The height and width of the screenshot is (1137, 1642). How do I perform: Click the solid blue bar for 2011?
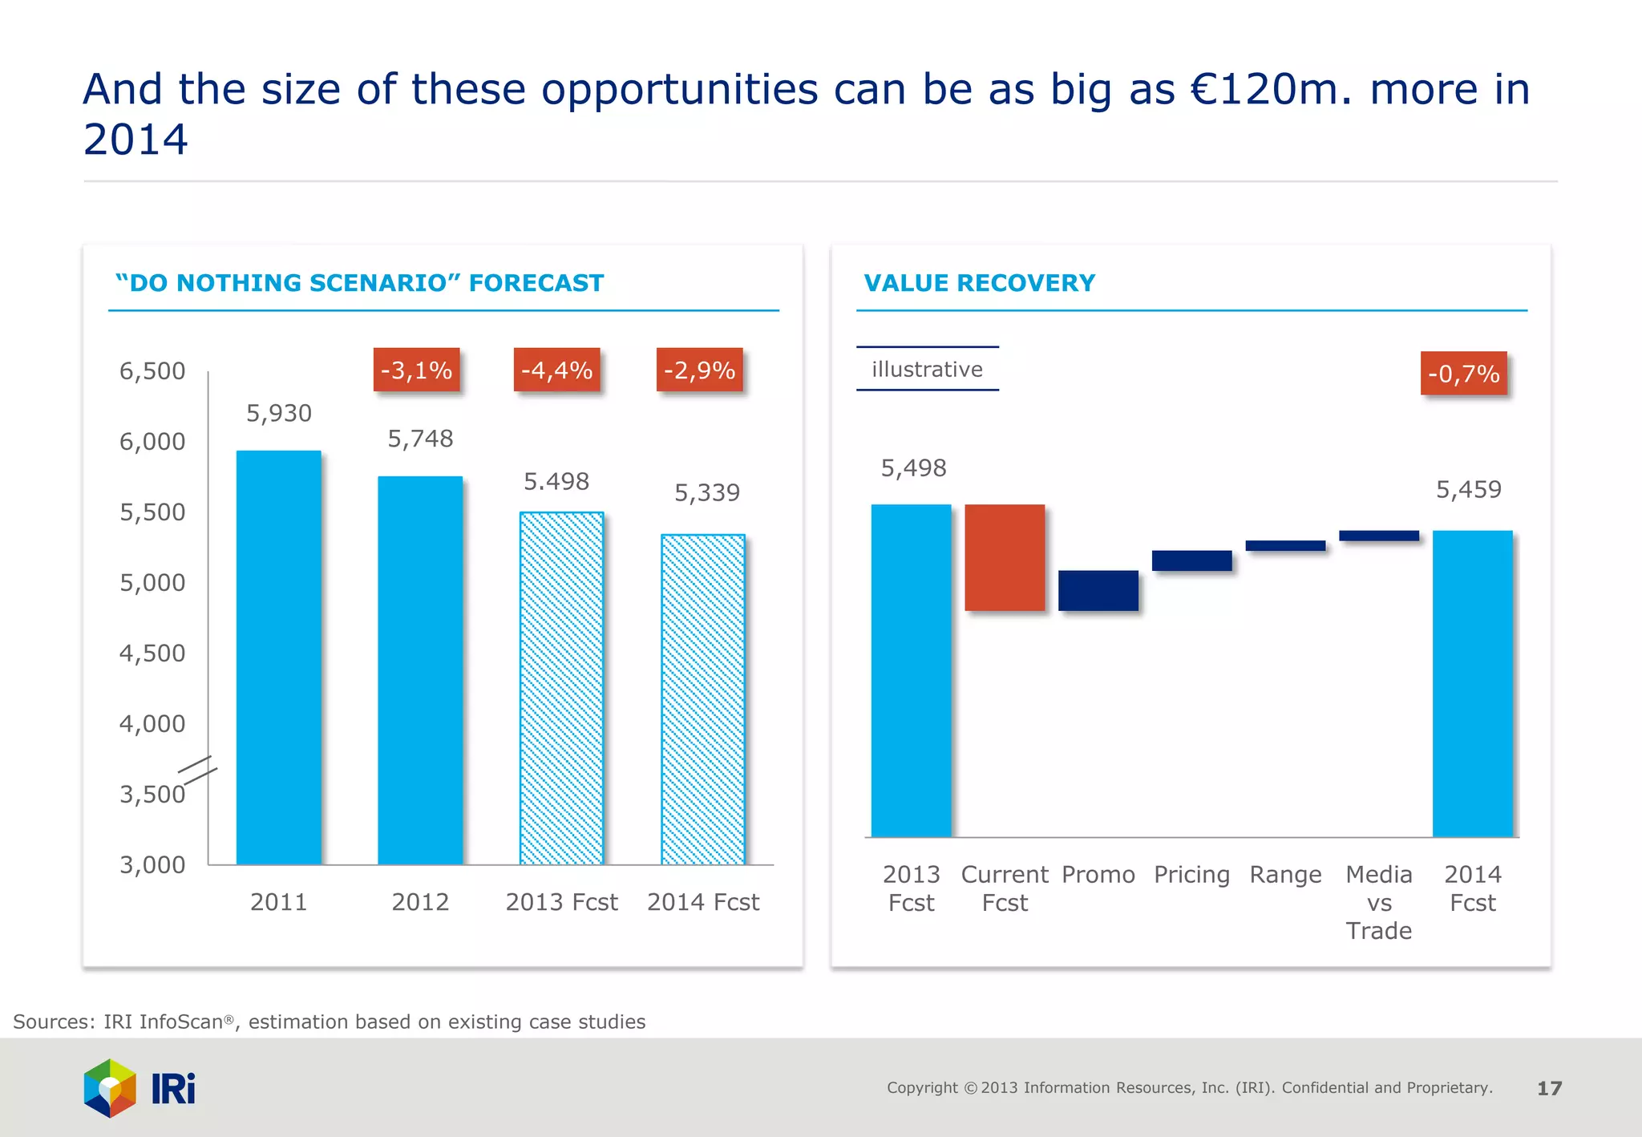pyautogui.click(x=278, y=657)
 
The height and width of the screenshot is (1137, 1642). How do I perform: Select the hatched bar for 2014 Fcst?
pyautogui.click(x=702, y=698)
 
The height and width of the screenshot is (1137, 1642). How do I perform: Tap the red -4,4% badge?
pyautogui.click(x=556, y=370)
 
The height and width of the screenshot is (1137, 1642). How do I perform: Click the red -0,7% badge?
pyautogui.click(x=1463, y=374)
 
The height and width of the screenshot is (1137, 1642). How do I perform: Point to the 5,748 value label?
pyautogui.click(x=420, y=439)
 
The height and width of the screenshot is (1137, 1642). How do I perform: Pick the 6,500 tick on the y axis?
pyautogui.click(x=152, y=371)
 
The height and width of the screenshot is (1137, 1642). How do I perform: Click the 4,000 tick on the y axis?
pyautogui.click(x=152, y=724)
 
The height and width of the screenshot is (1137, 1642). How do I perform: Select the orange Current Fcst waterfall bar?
pyautogui.click(x=1005, y=557)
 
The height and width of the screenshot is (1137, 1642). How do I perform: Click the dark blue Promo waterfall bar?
pyautogui.click(x=1098, y=590)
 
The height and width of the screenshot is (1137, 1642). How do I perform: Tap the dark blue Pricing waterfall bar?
pyautogui.click(x=1191, y=560)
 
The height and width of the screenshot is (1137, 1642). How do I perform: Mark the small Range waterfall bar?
pyautogui.click(x=1285, y=546)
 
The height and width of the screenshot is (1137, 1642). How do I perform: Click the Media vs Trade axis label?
pyautogui.click(x=1378, y=902)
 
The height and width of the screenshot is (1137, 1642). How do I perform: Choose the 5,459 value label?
pyautogui.click(x=1468, y=489)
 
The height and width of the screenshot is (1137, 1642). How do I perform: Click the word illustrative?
pyautogui.click(x=927, y=370)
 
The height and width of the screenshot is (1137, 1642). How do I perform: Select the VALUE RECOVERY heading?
pyautogui.click(x=979, y=283)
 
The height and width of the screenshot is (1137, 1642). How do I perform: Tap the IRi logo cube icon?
pyautogui.click(x=111, y=1088)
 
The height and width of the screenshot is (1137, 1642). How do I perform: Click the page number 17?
pyautogui.click(x=1549, y=1088)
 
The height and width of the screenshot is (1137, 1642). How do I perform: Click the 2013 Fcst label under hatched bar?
pyautogui.click(x=561, y=902)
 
